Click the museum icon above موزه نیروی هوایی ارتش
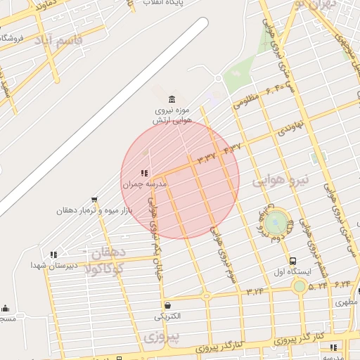point(172,98)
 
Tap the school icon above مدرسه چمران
point(144,173)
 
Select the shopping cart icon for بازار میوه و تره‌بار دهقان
point(94,200)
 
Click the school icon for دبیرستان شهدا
point(53,255)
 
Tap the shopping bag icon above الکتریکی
point(167,305)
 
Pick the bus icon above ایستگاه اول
point(292,261)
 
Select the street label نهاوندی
point(290,128)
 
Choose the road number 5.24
point(318,285)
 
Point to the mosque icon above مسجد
point(6,308)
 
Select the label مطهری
point(347,302)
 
